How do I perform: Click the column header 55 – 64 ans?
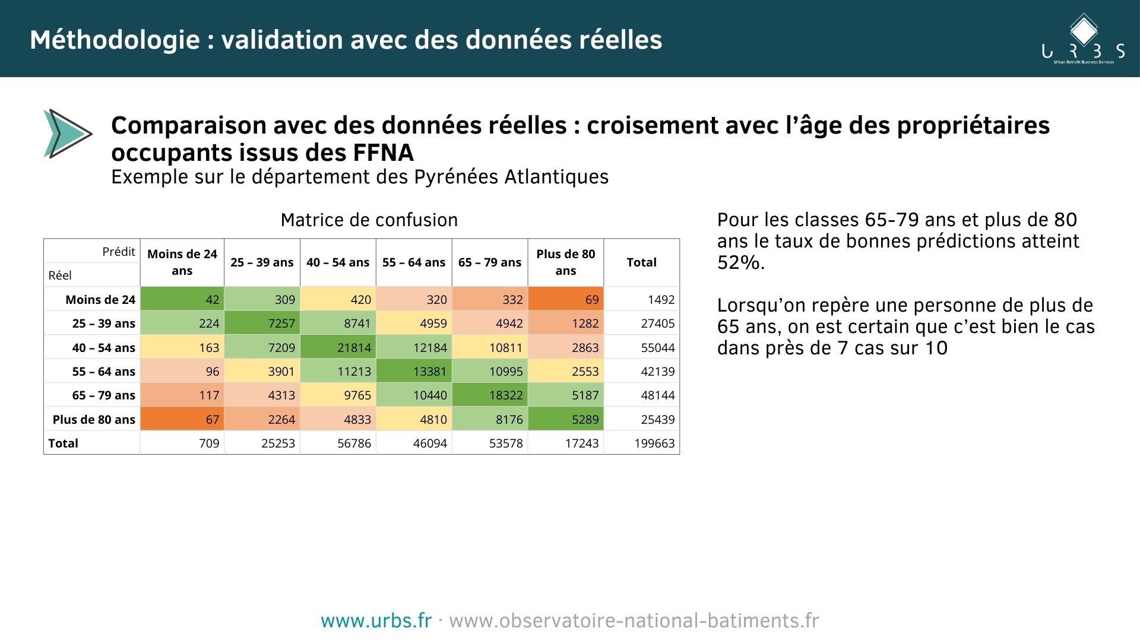point(414,262)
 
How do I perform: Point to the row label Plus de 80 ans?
point(94,420)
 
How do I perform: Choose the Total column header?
point(641,262)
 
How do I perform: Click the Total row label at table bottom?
point(64,443)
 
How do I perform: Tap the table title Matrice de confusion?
point(369,220)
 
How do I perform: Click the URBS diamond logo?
point(1084,30)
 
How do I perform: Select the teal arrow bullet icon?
point(66,134)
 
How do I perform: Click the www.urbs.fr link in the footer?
point(376,621)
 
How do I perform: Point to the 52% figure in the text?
point(739,262)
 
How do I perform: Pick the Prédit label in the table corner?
point(119,252)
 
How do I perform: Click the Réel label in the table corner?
point(60,275)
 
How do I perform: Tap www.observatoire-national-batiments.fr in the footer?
point(634,621)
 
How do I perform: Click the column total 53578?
point(506,443)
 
